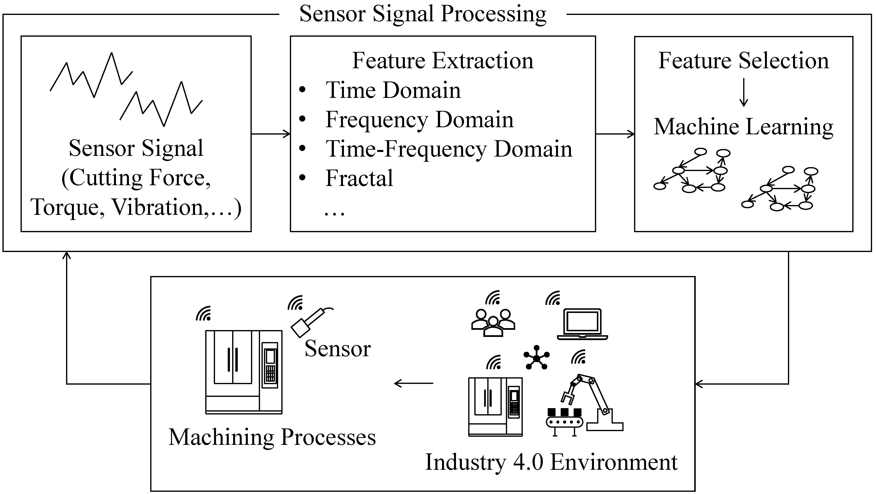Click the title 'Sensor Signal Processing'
click(423, 14)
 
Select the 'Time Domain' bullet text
click(393, 91)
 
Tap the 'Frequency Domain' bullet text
click(419, 120)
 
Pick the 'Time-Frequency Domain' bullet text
click(449, 149)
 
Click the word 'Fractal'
click(359, 178)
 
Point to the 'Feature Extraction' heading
click(443, 61)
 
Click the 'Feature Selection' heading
click(743, 61)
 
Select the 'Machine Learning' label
click(743, 127)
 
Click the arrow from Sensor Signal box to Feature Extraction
click(271, 134)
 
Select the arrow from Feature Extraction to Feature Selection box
click(615, 134)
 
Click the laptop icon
click(582, 324)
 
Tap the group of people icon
click(493, 322)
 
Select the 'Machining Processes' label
click(272, 437)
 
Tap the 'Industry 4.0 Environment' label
click(551, 463)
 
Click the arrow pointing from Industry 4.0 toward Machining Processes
click(413, 383)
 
